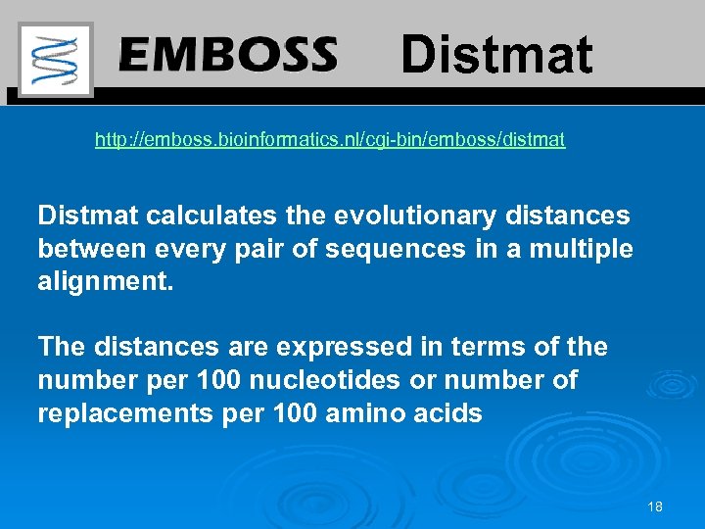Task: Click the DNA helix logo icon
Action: click(x=56, y=59)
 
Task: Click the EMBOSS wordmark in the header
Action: click(x=228, y=55)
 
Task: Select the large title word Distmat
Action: click(x=496, y=55)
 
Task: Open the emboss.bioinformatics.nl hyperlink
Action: click(x=329, y=140)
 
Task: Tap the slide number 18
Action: click(x=655, y=506)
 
